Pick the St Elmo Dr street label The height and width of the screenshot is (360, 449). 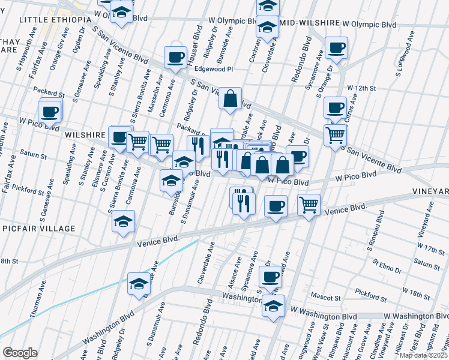coord(387,263)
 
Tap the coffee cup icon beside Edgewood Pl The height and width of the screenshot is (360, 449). coord(175,58)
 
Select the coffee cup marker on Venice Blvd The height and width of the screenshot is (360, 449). coord(276,206)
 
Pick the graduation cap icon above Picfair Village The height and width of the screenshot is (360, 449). coord(123,221)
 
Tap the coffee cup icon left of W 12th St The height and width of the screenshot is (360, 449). coord(335,108)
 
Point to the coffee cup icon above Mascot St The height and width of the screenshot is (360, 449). coord(270,277)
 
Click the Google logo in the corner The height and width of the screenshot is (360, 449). coord(20,353)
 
